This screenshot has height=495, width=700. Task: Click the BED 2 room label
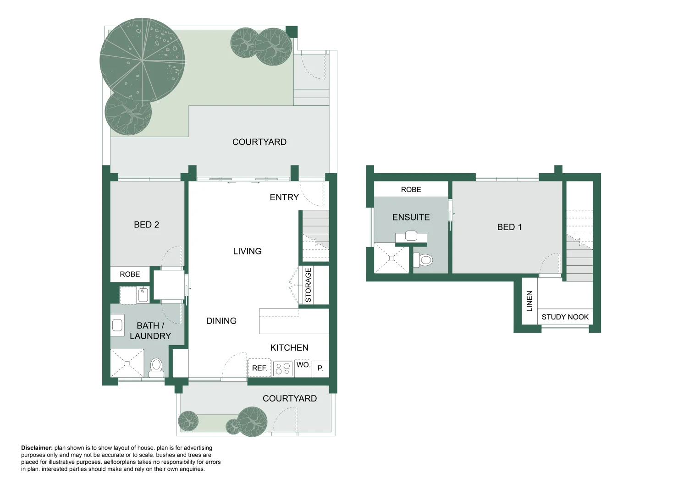pyautogui.click(x=146, y=225)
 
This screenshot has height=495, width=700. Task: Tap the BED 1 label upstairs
pyautogui.click(x=509, y=227)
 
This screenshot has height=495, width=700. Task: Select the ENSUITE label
pyautogui.click(x=411, y=217)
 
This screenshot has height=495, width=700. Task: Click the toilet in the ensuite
pyautogui.click(x=424, y=260)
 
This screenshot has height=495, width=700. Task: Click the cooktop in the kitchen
pyautogui.click(x=283, y=368)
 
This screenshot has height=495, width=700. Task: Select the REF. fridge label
pyautogui.click(x=259, y=368)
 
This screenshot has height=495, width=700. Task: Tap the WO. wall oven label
pyautogui.click(x=303, y=365)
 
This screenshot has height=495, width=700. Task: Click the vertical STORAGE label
pyautogui.click(x=308, y=285)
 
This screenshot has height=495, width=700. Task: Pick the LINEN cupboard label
pyautogui.click(x=529, y=301)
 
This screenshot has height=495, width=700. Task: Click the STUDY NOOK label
pyautogui.click(x=565, y=317)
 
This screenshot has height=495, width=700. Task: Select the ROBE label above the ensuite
pyautogui.click(x=411, y=189)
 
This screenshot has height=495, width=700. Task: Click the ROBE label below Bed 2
pyautogui.click(x=130, y=274)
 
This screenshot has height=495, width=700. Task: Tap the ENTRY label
pyautogui.click(x=284, y=197)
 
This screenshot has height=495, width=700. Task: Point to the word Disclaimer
pyautogui.click(x=37, y=448)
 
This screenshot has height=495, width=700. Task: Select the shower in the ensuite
pyautogui.click(x=392, y=259)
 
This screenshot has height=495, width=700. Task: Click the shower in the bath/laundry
pyautogui.click(x=127, y=363)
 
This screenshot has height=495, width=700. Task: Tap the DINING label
pyautogui.click(x=221, y=321)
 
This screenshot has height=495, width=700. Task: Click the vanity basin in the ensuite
pyautogui.click(x=411, y=236)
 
